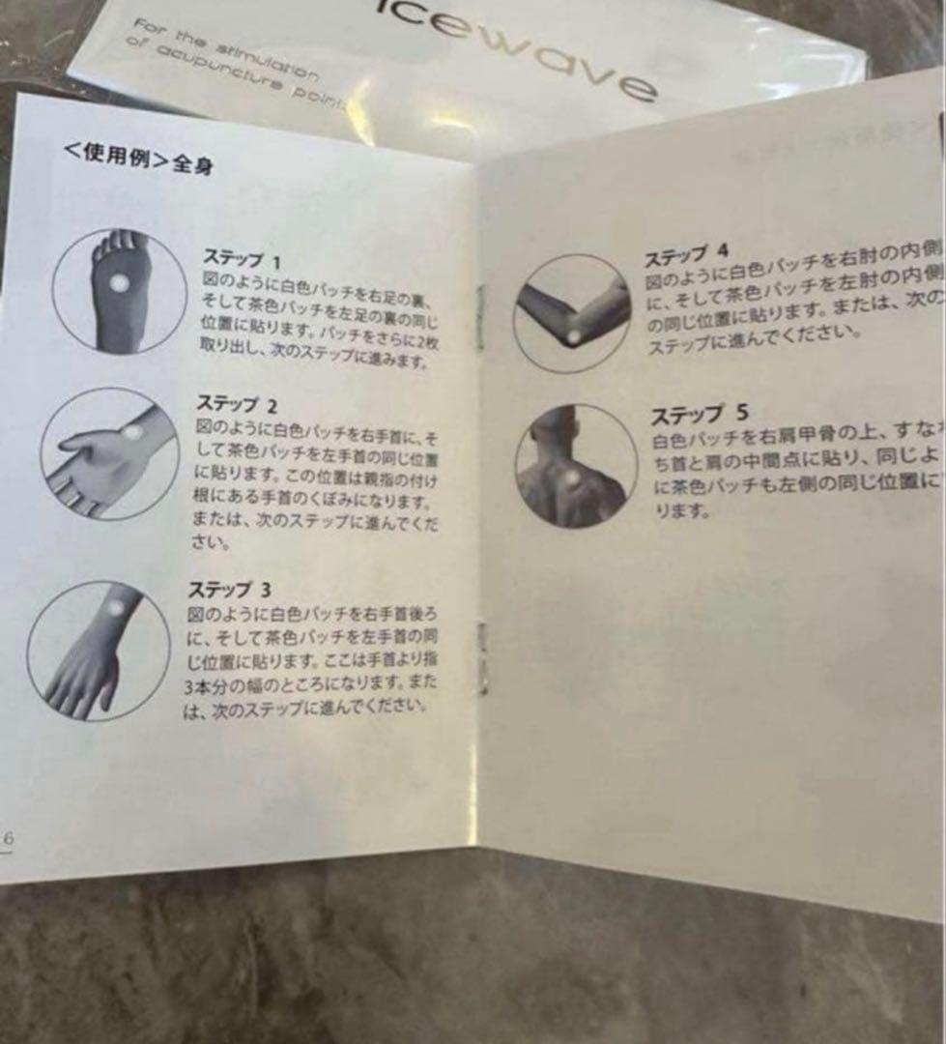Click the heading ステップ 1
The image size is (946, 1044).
[242, 260]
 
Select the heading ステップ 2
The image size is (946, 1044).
[237, 403]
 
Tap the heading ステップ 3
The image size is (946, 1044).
[229, 589]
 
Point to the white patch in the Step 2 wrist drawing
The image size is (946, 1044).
[132, 432]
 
